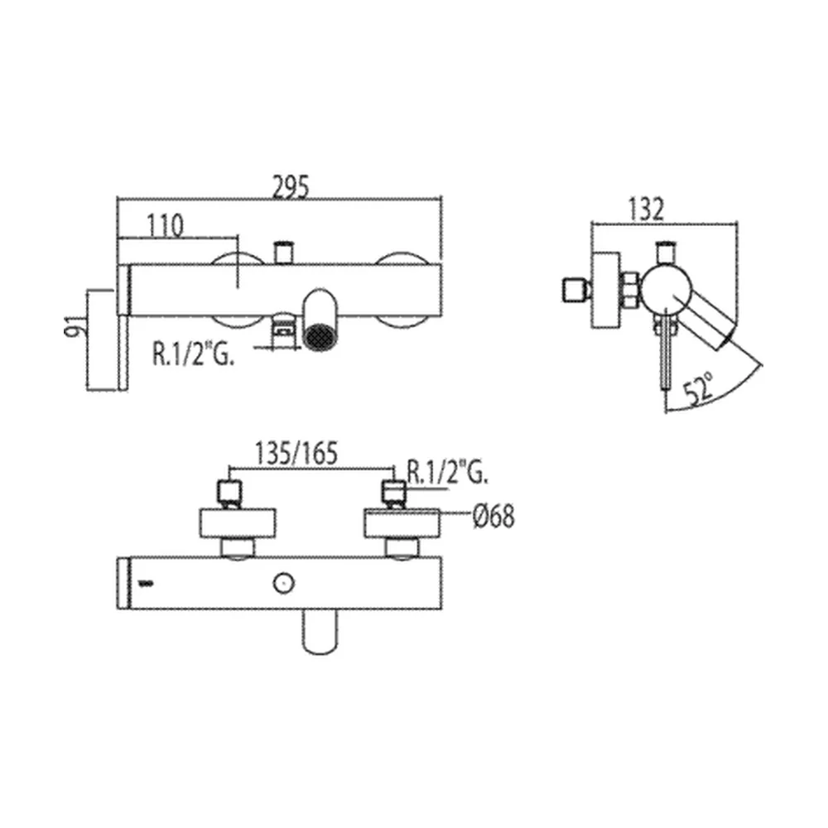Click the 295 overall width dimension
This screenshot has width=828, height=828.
pyautogui.click(x=290, y=186)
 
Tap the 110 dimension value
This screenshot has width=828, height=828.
pyautogui.click(x=166, y=225)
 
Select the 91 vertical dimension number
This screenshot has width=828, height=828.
pyautogui.click(x=74, y=326)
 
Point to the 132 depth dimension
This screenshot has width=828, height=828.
pyautogui.click(x=646, y=209)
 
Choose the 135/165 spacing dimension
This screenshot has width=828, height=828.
pyautogui.click(x=296, y=454)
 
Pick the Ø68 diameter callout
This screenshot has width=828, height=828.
pyautogui.click(x=493, y=516)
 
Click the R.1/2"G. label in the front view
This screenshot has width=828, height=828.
pyautogui.click(x=193, y=354)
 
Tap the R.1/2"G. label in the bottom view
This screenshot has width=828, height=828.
pyautogui.click(x=448, y=472)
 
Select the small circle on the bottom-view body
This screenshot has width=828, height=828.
pyautogui.click(x=283, y=584)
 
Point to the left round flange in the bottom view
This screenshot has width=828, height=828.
pyautogui.click(x=238, y=523)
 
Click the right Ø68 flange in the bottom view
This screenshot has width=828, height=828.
pyautogui.click(x=402, y=523)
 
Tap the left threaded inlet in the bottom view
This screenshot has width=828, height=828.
pyautogui.click(x=229, y=492)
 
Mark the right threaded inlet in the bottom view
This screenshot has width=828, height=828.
pyautogui.click(x=394, y=492)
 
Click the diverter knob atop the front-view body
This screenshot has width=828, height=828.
pyautogui.click(x=283, y=253)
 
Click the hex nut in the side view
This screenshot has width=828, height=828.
pyautogui.click(x=630, y=290)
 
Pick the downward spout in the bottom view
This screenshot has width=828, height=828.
pyautogui.click(x=320, y=632)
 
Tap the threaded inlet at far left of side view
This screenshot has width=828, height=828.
pyautogui.click(x=575, y=290)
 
